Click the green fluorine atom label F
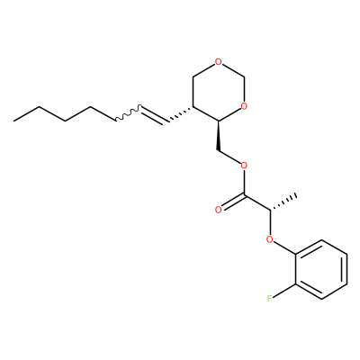pos(270,298)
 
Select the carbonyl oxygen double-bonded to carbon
pos(219,210)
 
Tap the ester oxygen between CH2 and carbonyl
pos(244,165)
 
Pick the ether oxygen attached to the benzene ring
pos(270,239)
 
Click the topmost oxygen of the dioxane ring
pos(219,62)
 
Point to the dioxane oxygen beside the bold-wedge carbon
pos(244,106)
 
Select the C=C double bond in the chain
pos(154,114)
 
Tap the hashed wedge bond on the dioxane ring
pos(180,114)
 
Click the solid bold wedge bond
pos(219,136)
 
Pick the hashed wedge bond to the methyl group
pos(283,202)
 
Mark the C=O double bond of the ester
pos(231,202)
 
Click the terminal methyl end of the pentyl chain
pos(13,121)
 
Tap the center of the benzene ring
pos(321,269)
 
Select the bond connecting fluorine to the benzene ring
pos(284,291)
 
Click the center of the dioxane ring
pos(219,92)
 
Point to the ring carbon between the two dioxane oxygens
pos(245,76)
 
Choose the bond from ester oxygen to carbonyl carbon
pos(245,182)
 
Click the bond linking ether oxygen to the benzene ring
pos(284,247)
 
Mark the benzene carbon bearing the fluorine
pos(296,283)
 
